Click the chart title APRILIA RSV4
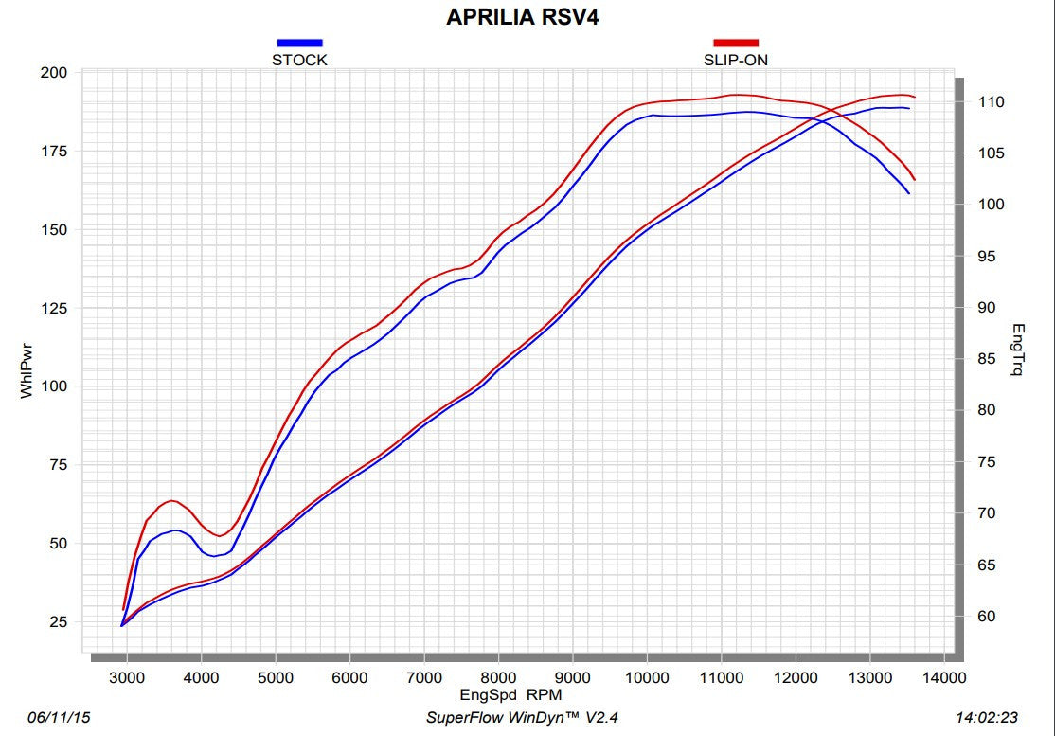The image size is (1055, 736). click(523, 18)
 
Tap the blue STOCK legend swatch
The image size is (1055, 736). click(299, 43)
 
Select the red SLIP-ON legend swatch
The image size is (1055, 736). click(736, 43)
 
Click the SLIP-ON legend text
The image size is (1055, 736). click(736, 60)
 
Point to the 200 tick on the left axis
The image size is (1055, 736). click(55, 73)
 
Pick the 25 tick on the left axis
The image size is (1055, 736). click(59, 621)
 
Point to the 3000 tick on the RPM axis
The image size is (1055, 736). click(126, 677)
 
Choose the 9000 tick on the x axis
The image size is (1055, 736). click(573, 677)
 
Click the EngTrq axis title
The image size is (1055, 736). click(1018, 350)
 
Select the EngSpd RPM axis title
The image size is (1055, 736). click(510, 694)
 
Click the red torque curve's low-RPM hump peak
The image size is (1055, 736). click(171, 500)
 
